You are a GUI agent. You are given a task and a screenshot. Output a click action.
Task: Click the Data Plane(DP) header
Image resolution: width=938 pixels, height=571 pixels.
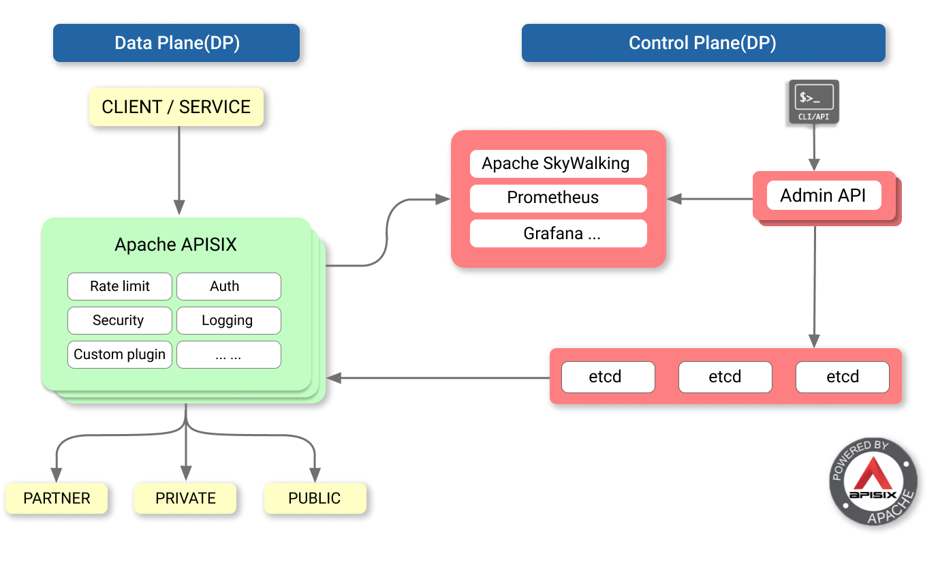pos(176,43)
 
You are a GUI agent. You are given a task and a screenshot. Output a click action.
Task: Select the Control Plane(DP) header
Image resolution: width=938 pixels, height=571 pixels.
pos(702,43)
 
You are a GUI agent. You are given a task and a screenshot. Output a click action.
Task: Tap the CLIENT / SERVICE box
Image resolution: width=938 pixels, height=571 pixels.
pos(176,107)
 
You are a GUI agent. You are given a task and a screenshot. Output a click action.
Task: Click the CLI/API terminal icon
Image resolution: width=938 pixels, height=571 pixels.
pos(813,102)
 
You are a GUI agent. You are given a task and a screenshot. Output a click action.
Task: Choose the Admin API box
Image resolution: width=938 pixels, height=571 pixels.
pos(824,196)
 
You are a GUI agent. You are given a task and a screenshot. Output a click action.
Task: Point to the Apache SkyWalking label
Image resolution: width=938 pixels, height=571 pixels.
pos(555,164)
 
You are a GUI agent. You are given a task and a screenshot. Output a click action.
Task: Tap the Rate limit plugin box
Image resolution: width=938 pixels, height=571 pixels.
pos(120,286)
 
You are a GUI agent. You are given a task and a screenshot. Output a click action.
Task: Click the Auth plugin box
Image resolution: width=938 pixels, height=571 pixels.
pos(228,286)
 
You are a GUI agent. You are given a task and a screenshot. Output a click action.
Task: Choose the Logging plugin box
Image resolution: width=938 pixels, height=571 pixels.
pos(228,320)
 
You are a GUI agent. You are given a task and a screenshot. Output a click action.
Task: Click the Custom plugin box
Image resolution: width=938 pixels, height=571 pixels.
pos(120,354)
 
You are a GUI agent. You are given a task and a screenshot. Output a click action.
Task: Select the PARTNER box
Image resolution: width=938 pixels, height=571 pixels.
pos(57,498)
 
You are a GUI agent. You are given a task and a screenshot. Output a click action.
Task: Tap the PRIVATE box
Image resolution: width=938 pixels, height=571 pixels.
pos(185,498)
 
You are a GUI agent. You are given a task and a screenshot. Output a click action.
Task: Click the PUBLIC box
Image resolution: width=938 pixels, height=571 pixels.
pos(314,498)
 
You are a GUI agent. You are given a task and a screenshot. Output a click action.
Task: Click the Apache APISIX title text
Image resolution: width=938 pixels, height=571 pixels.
pos(176,245)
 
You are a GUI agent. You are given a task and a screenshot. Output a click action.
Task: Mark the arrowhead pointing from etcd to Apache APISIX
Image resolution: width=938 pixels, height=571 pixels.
pos(334,377)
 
